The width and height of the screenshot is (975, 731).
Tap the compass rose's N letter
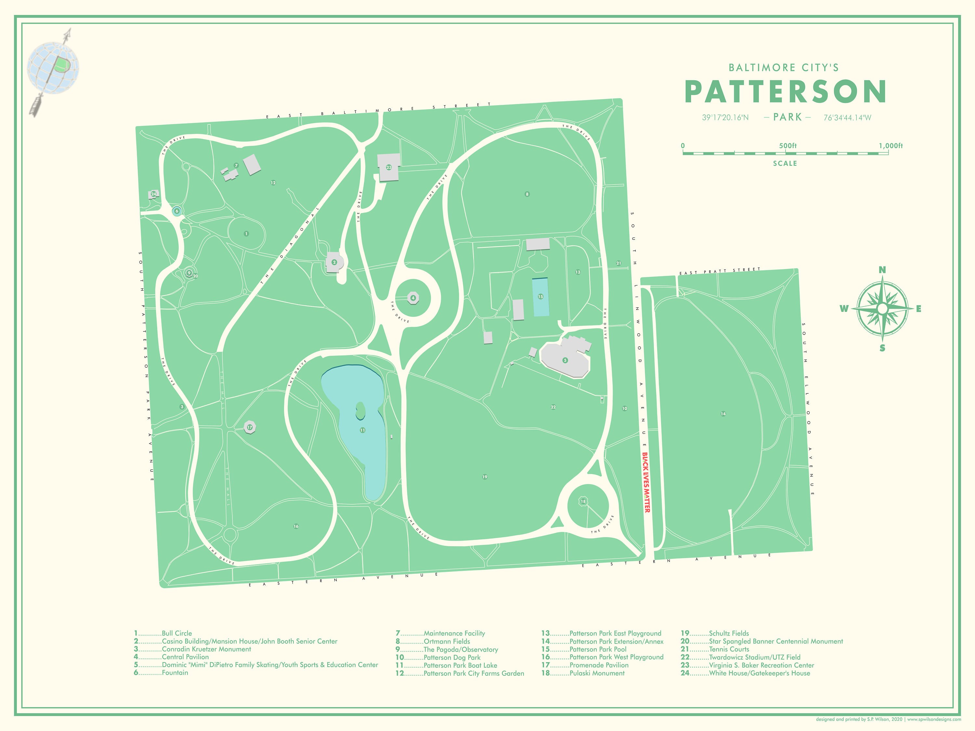click(882, 270)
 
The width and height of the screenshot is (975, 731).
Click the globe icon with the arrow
click(53, 68)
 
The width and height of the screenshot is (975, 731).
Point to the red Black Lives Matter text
click(646, 482)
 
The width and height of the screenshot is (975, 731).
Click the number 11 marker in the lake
click(362, 430)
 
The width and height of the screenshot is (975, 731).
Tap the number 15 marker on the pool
click(540, 297)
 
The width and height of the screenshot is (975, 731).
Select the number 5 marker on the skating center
click(565, 360)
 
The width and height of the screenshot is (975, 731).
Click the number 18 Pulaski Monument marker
click(583, 501)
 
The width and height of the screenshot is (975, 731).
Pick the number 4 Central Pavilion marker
click(413, 298)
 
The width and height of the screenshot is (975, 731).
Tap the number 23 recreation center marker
click(389, 167)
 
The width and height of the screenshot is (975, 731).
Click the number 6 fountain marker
click(177, 211)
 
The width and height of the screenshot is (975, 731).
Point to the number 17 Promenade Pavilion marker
click(250, 427)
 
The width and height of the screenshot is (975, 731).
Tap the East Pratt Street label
click(720, 271)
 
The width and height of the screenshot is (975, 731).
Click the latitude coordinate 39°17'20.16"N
click(725, 118)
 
